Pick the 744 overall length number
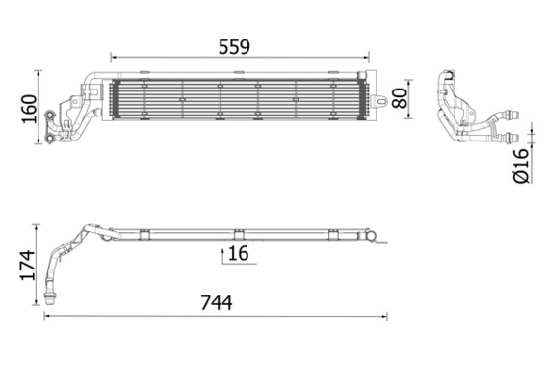pos(217,302)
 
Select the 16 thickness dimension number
pos(239,253)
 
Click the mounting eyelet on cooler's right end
pos(381,97)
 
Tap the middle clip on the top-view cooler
pos(237,231)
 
